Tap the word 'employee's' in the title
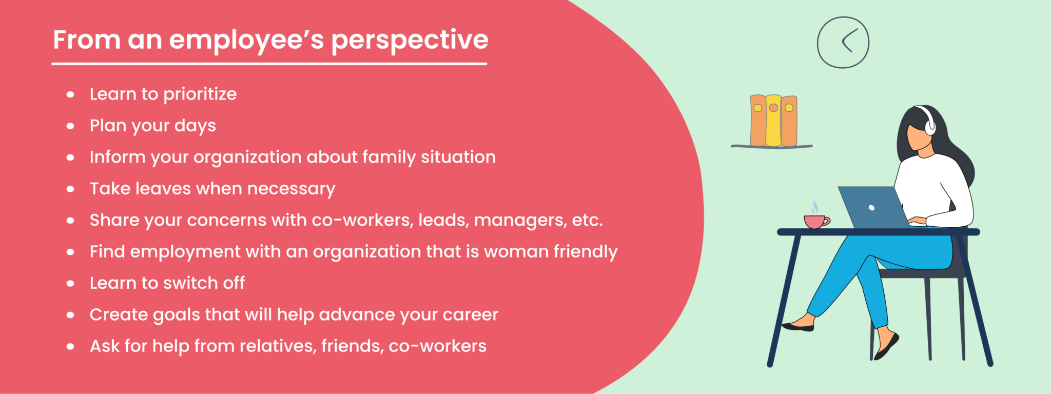click(x=246, y=40)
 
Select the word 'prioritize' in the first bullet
click(x=200, y=94)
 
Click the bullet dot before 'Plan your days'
click(x=70, y=126)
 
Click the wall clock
click(x=843, y=43)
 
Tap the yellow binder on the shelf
click(x=773, y=121)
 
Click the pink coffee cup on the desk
click(x=815, y=222)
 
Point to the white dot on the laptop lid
click(x=871, y=208)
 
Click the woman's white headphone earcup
click(x=930, y=126)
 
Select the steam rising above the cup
click(x=814, y=207)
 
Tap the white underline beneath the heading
click(x=269, y=64)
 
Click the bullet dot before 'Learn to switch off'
click(x=70, y=284)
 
